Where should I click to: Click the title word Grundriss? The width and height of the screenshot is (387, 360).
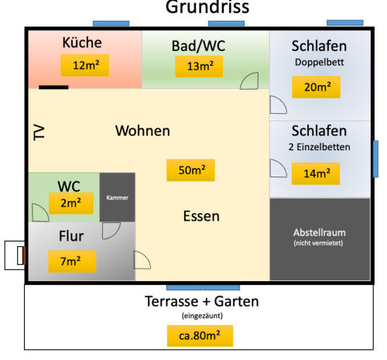(207, 7)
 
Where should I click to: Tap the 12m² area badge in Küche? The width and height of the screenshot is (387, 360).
(85, 65)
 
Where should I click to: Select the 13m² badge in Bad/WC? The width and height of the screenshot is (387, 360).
(199, 67)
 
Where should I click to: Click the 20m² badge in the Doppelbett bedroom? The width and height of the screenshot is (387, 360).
(316, 87)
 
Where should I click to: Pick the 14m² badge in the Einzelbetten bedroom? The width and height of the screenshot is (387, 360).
(316, 173)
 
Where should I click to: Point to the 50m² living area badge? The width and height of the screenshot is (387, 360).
(190, 170)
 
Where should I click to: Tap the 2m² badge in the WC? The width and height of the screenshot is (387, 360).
(71, 203)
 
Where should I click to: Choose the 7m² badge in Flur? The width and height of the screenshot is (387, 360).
(72, 262)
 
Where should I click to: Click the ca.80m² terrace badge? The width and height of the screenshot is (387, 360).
(200, 336)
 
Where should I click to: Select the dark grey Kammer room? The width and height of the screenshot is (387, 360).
(118, 197)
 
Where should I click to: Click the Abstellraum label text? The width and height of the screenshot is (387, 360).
(320, 232)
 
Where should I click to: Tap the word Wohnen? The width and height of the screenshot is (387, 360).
(142, 131)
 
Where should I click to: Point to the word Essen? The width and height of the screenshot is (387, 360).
(201, 216)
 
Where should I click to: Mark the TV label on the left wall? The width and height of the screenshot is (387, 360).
(39, 132)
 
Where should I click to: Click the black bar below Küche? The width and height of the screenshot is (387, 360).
(53, 87)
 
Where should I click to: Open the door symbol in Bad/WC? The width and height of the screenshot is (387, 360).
(249, 81)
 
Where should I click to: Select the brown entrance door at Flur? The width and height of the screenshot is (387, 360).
(24, 255)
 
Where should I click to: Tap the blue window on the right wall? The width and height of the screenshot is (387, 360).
(376, 159)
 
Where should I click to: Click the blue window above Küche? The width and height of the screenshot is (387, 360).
(111, 24)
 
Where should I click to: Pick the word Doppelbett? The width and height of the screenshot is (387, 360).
(319, 62)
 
